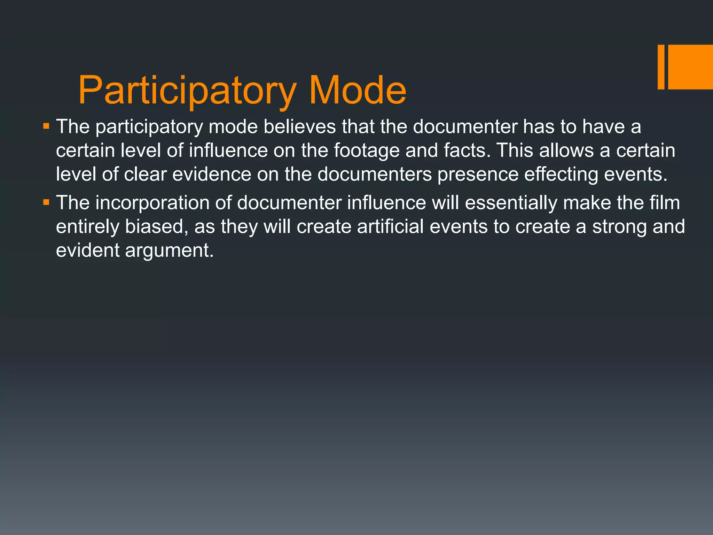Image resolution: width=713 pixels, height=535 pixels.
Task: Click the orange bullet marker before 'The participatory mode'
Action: click(46, 125)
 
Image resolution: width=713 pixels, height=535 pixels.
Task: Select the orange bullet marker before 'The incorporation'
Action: click(46, 202)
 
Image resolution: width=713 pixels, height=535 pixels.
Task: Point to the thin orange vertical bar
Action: click(661, 67)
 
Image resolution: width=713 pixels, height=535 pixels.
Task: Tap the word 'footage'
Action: click(367, 150)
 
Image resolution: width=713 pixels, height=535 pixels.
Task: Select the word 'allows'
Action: click(566, 150)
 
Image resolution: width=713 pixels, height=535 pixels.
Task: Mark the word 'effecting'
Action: click(561, 174)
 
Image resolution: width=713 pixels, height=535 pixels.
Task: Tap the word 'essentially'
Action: click(511, 203)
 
